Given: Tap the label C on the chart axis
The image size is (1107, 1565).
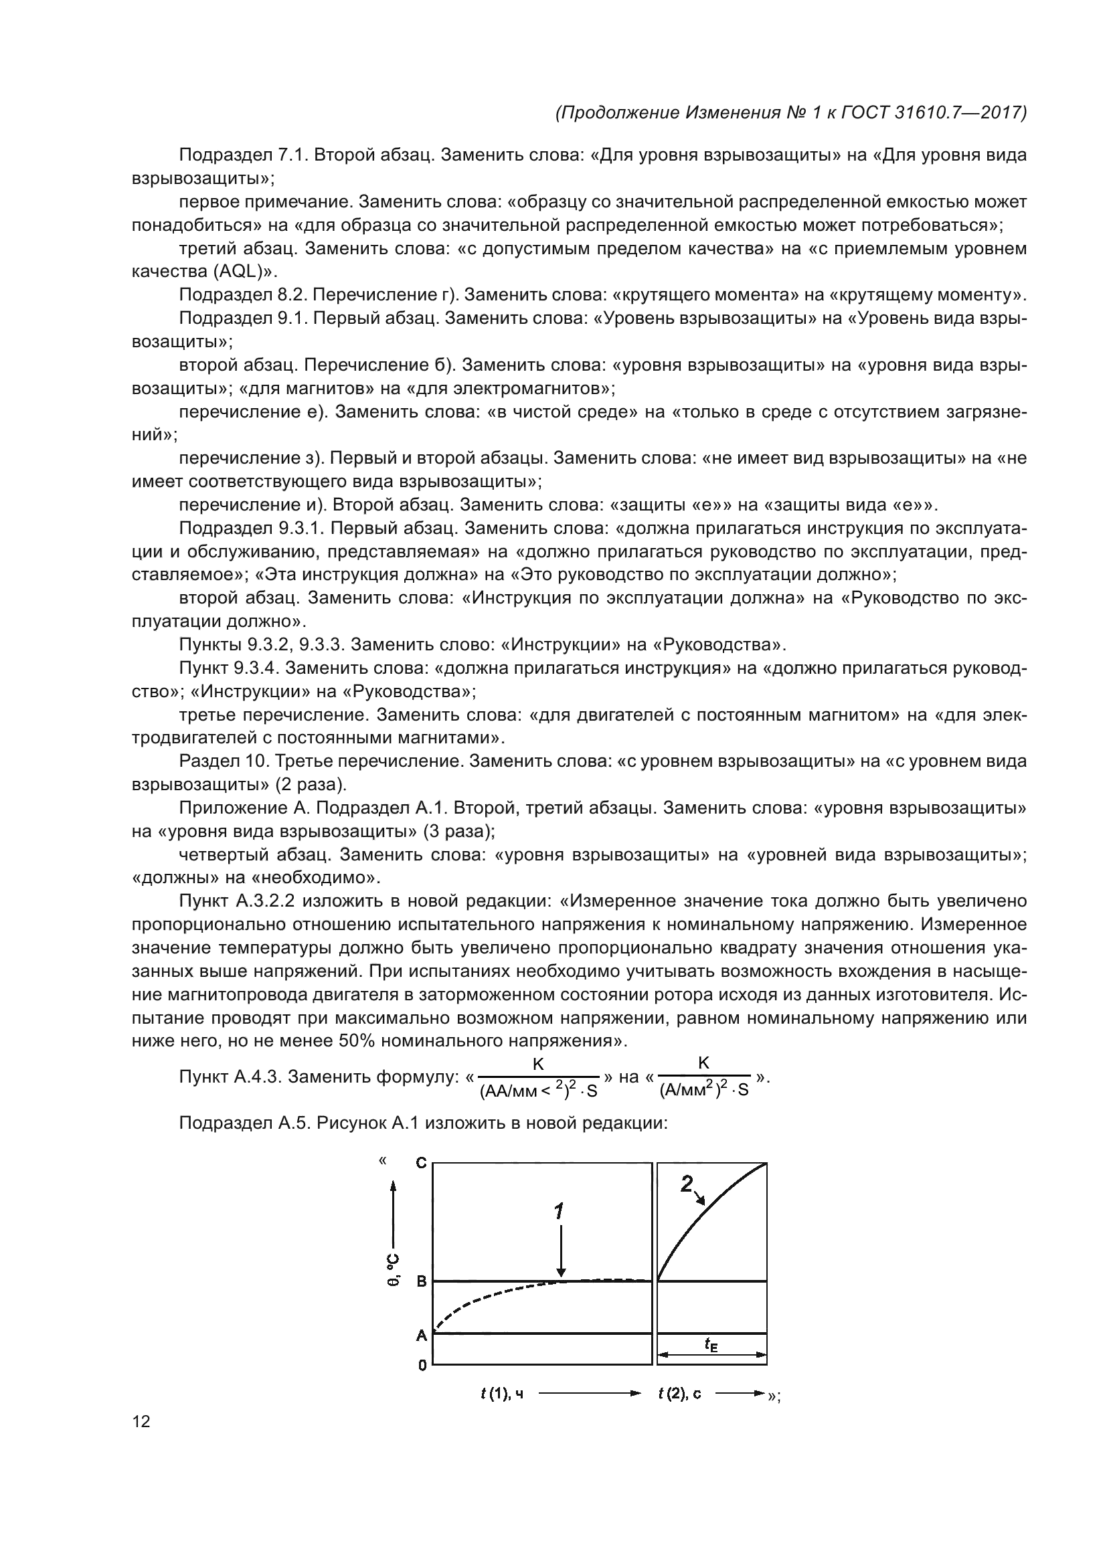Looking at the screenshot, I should (421, 1163).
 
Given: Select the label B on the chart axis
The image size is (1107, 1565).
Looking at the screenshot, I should (421, 1281).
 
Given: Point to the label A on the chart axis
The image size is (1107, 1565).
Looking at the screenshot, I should (421, 1336).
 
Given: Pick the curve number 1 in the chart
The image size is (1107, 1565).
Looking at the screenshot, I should (559, 1211).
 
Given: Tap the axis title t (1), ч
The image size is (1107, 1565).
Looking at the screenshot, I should (502, 1394).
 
